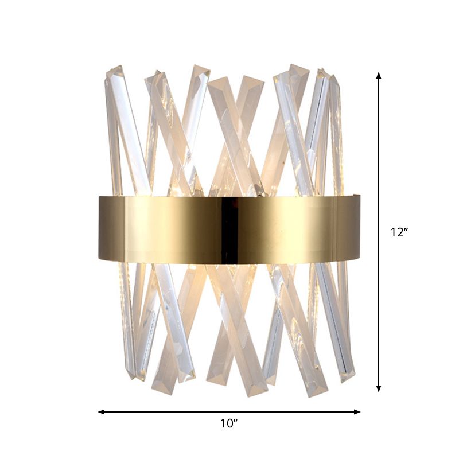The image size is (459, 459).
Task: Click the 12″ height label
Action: [x=398, y=233]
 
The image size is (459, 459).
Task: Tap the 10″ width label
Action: [x=229, y=424]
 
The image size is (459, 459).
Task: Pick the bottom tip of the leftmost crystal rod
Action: [x=131, y=376]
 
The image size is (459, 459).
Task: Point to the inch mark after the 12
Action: [x=406, y=229]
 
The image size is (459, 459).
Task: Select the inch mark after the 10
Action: [x=236, y=421]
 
